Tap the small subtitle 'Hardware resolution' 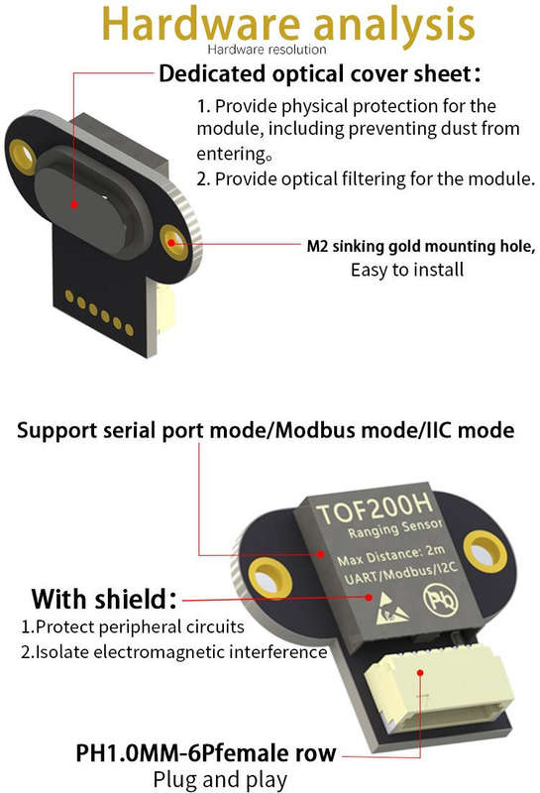[267, 50]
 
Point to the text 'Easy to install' [407, 270]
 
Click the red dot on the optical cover [74, 204]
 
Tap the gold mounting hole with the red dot [173, 242]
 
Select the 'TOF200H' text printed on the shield [375, 508]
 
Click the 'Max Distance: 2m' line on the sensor [390, 555]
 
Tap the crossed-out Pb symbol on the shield [440, 600]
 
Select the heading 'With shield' [104, 599]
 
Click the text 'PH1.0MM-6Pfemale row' [206, 753]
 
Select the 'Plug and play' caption [220, 780]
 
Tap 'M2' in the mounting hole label [317, 246]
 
